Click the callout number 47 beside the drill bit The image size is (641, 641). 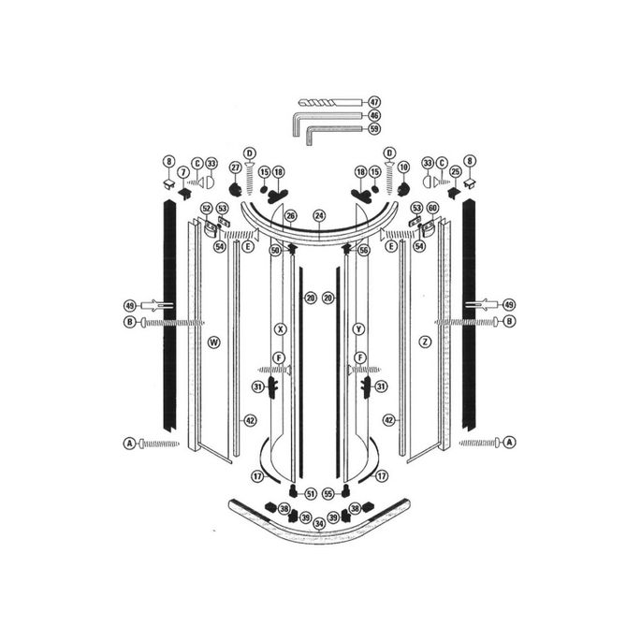(373, 101)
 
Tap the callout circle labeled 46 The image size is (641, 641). (373, 116)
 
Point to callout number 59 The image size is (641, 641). (373, 129)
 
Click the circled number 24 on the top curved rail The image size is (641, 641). (318, 214)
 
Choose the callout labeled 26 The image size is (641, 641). (290, 216)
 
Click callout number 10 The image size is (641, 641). (404, 167)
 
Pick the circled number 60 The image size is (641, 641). (431, 208)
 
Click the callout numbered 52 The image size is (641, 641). (207, 208)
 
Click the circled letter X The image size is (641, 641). (279, 329)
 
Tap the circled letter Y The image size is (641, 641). (357, 329)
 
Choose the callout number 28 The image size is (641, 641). (310, 297)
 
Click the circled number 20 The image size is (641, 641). (328, 297)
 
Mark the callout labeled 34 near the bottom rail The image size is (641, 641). (318, 522)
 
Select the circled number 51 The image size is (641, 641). (310, 493)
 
